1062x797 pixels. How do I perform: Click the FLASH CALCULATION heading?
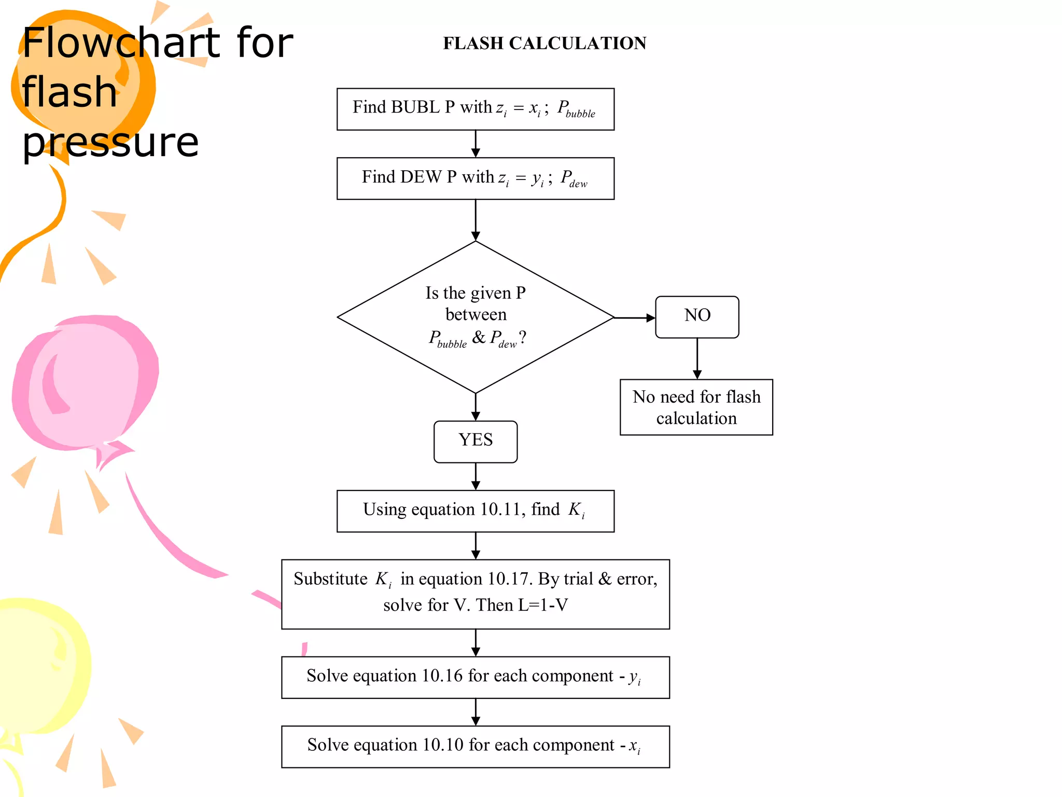point(544,43)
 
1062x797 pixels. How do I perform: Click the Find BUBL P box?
point(475,109)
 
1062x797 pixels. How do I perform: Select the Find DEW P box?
point(475,178)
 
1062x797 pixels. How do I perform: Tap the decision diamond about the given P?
point(475,317)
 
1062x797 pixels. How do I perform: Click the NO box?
point(697,317)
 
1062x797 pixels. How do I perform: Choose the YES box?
point(475,442)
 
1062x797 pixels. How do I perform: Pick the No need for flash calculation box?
point(696,407)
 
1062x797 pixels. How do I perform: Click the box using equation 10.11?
point(475,511)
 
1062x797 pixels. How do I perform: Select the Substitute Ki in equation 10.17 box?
point(475,594)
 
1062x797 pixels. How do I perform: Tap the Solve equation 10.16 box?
point(475,677)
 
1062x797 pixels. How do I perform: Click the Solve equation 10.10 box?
point(475,747)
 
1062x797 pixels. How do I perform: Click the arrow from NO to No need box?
point(697,359)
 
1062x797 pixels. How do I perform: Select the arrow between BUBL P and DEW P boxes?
point(476,144)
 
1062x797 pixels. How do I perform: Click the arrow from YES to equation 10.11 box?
point(476,476)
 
